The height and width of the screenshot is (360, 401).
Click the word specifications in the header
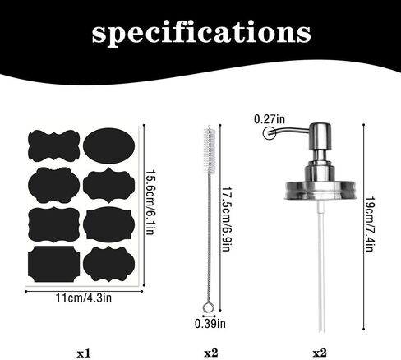pos(201,33)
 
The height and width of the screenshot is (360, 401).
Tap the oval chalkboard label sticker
pos(108,145)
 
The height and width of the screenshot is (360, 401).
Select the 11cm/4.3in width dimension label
pos(84,298)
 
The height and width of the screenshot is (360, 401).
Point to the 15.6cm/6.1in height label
pos(150,202)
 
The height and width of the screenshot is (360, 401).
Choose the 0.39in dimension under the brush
pos(210,324)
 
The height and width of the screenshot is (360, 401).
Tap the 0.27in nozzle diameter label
pos(270,119)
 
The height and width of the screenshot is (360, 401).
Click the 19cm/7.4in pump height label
pos(370,224)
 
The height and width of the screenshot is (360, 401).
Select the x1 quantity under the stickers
pos(84,353)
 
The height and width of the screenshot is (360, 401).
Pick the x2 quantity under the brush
pos(211,353)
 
